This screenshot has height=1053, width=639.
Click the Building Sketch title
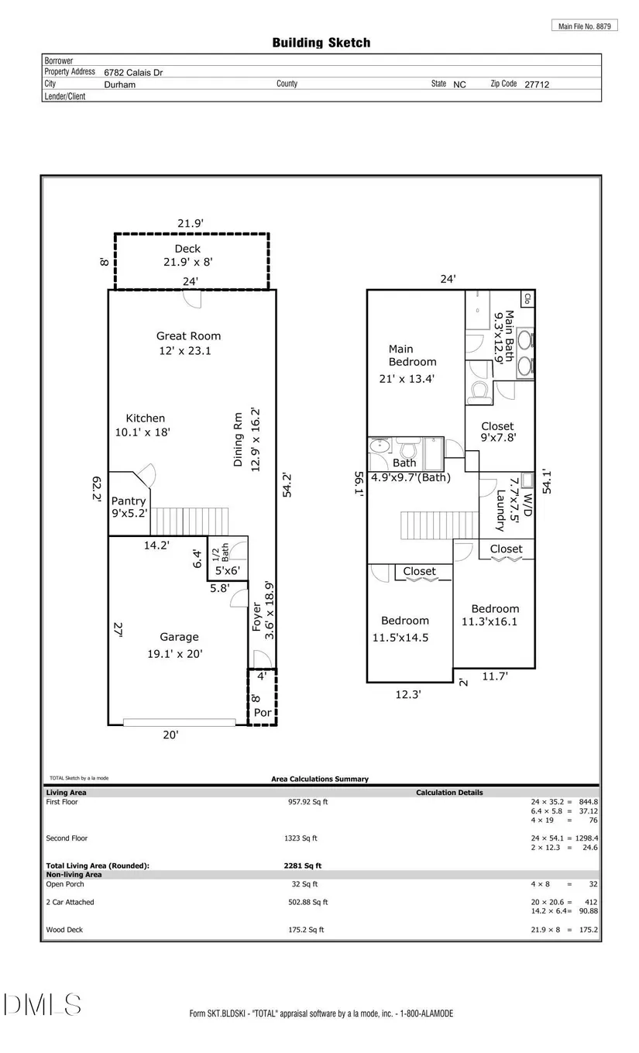click(x=321, y=43)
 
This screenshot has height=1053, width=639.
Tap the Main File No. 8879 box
click(x=585, y=26)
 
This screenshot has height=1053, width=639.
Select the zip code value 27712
click(x=537, y=84)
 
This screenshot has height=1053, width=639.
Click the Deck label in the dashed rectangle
click(x=187, y=249)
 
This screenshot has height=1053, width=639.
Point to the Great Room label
click(x=188, y=336)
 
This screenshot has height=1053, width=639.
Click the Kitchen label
click(x=145, y=418)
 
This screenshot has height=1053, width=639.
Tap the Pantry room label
click(x=129, y=501)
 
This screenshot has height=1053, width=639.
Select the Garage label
click(x=179, y=637)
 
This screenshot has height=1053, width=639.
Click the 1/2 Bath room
click(x=228, y=559)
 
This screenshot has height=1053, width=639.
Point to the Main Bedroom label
click(x=412, y=356)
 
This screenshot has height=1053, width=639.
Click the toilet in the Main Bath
click(x=479, y=393)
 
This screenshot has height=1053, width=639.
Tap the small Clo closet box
click(x=527, y=298)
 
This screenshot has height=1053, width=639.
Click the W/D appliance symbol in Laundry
click(x=527, y=480)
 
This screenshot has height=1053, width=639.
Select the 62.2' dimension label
click(x=96, y=489)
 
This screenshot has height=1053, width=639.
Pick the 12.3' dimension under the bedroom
click(x=408, y=694)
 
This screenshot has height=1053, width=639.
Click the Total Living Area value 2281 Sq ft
click(x=303, y=865)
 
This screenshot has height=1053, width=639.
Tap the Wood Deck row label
click(x=64, y=929)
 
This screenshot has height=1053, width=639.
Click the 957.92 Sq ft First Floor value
click(x=307, y=801)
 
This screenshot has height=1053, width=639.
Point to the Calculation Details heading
click(x=449, y=792)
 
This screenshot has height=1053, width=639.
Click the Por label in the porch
click(x=263, y=713)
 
